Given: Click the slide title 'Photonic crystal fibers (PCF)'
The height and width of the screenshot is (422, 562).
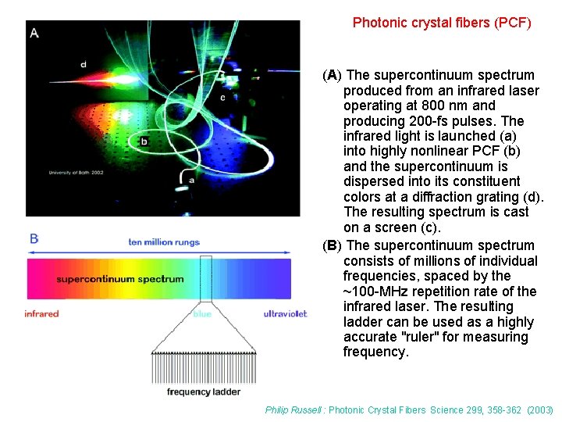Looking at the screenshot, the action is [x=441, y=23].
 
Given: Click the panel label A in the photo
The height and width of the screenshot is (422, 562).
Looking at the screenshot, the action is [x=34, y=32].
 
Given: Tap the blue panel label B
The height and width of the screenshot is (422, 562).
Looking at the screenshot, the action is [x=34, y=238].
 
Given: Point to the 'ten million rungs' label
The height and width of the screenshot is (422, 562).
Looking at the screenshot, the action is [x=164, y=242].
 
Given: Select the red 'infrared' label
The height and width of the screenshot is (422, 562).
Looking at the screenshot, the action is [x=41, y=314].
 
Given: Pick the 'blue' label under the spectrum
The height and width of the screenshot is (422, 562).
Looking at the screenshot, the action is [x=202, y=314].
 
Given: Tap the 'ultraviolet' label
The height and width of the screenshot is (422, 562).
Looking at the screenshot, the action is [x=285, y=314].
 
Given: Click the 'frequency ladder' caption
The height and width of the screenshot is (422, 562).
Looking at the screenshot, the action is [x=204, y=392].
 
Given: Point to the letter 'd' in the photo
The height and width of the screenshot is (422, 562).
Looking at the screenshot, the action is [x=83, y=64].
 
